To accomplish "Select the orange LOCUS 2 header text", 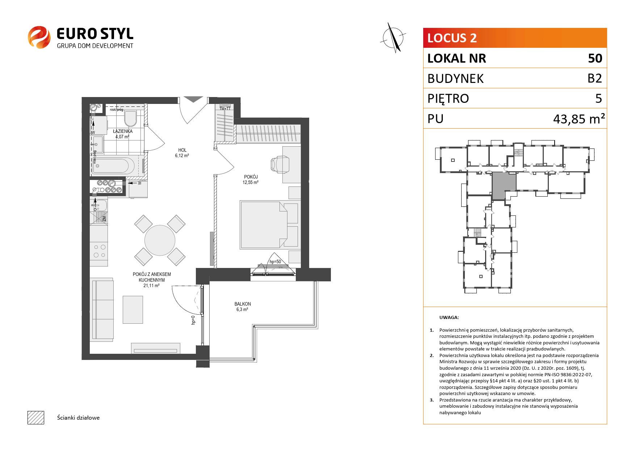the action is (452, 38).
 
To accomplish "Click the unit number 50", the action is (595, 58).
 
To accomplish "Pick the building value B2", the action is (595, 78).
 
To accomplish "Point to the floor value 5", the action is (598, 98).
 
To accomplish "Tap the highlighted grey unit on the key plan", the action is (504, 185).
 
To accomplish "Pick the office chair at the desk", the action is (280, 164).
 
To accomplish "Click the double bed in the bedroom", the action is (270, 225).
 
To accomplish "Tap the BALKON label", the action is (243, 304).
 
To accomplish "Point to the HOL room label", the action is (182, 150).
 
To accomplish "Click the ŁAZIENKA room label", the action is (122, 131).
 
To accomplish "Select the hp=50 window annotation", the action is (275, 262).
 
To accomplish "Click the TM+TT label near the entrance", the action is (225, 108).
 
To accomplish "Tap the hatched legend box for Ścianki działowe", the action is (36, 417).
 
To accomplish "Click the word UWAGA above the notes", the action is (449, 318).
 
